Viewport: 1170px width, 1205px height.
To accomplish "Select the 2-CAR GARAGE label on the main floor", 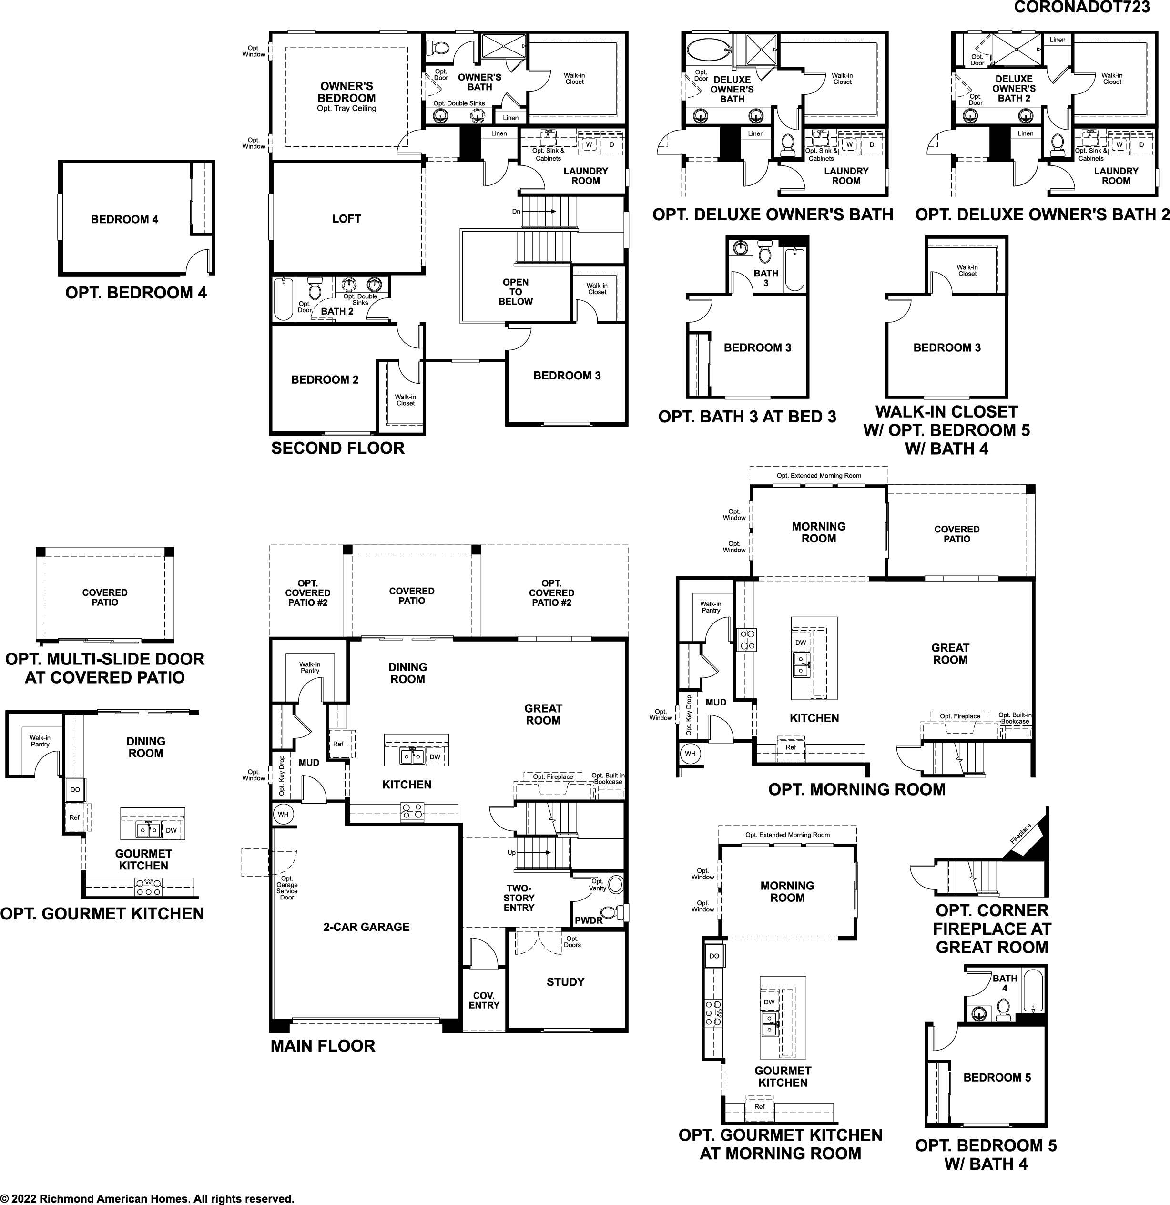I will (366, 927).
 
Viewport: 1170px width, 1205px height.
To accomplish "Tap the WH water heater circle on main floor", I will (283, 815).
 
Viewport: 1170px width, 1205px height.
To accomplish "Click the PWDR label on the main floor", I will (589, 920).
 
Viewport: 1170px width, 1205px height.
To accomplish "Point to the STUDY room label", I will (565, 982).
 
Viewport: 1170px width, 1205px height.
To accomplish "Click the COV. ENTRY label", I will (484, 1000).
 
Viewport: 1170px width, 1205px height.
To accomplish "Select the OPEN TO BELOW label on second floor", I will (515, 292).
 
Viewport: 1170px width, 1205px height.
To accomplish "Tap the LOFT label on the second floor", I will (346, 219).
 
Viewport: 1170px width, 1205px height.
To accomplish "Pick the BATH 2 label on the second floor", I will (337, 312).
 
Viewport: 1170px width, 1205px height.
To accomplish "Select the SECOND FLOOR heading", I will (337, 448).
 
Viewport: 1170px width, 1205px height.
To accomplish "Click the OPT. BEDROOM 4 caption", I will (136, 293).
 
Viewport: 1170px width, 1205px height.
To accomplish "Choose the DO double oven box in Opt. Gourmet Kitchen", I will (75, 790).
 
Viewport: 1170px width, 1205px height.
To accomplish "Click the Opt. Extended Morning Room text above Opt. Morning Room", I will (818, 475).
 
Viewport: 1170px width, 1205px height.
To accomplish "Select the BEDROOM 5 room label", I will (997, 1078).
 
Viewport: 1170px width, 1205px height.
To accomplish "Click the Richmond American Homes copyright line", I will (148, 1198).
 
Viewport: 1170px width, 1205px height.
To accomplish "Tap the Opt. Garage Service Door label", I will (286, 888).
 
